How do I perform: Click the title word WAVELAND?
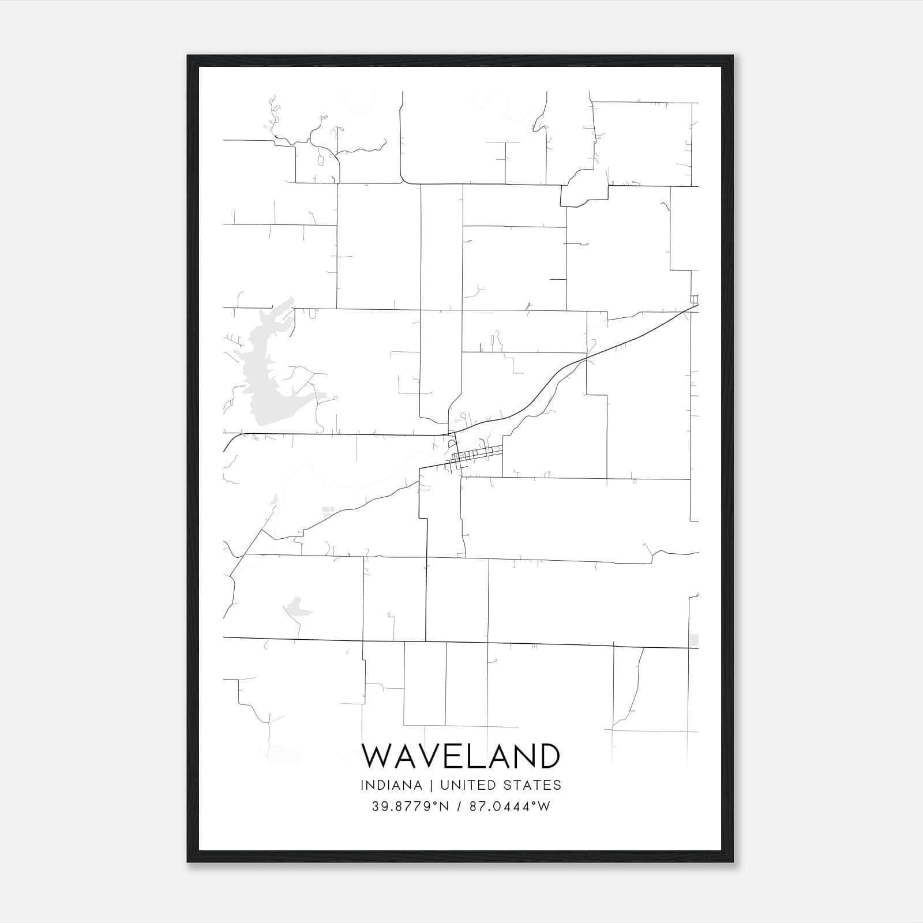tap(460, 756)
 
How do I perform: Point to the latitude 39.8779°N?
tap(410, 806)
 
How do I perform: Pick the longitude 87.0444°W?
tap(510, 806)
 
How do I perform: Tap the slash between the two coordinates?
tap(459, 806)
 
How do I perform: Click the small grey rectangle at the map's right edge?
tap(694, 640)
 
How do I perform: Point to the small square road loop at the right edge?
tap(695, 298)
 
